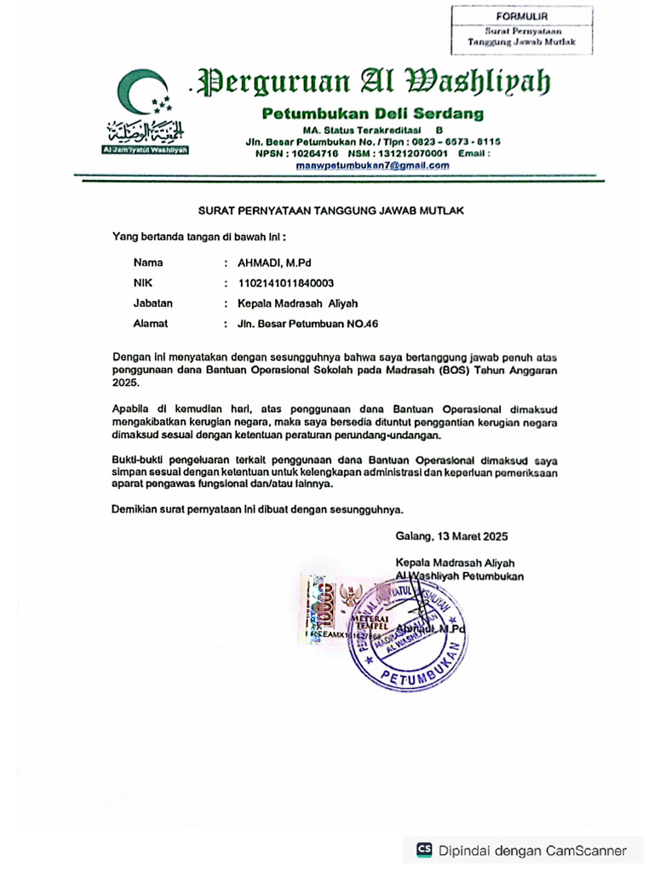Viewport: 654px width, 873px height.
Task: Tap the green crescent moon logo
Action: pos(136,91)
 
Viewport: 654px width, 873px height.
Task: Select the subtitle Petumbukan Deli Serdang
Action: pos(372,113)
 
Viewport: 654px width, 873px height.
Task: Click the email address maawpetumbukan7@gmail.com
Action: pos(372,165)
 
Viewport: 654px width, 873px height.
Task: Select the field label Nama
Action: pos(148,263)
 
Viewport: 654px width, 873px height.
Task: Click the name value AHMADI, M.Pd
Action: pos(274,263)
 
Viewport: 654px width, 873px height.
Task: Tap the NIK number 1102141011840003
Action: pos(285,283)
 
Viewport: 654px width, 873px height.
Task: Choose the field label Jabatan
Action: pos(153,303)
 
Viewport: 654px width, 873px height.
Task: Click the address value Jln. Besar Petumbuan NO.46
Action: pos(307,323)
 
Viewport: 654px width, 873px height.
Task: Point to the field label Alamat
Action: pos(151,323)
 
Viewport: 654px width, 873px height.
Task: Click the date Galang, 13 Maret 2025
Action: pos(451,536)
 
